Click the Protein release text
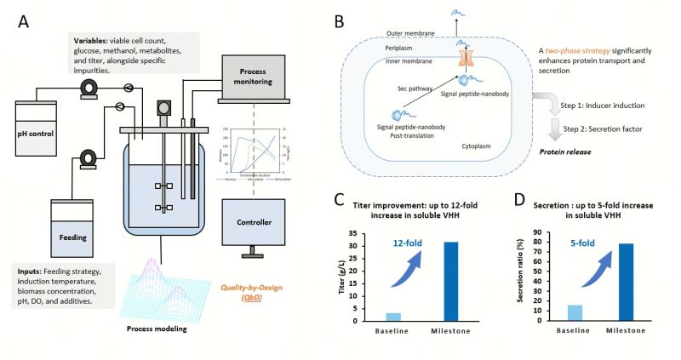565,151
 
